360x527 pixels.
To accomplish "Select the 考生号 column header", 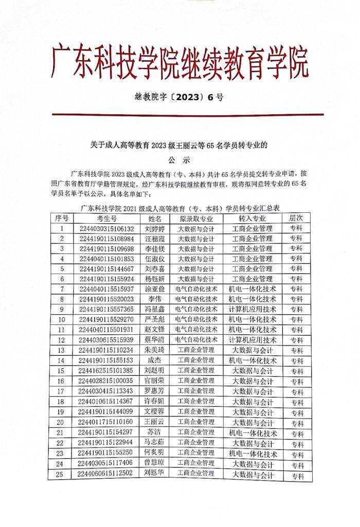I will (x=107, y=219).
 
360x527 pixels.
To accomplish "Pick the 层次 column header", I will (x=296, y=219).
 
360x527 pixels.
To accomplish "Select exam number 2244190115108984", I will (x=107, y=239).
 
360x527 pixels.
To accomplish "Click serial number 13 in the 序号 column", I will (x=62, y=350).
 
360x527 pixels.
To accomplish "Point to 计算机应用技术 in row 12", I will (x=252, y=340).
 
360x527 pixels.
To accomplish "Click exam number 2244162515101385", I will (x=106, y=371).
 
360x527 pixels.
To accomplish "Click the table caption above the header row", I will (x=180, y=208).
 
